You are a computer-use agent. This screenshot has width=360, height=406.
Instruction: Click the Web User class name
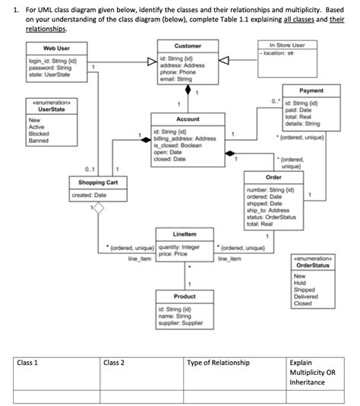point(56,48)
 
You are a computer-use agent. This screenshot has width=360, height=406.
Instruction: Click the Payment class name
point(311,90)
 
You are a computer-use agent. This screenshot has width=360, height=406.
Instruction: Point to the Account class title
point(187,120)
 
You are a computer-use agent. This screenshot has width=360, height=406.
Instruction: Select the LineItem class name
point(185,233)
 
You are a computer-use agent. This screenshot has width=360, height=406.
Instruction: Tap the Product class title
point(185,296)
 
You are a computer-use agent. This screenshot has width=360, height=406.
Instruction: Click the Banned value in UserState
point(38,141)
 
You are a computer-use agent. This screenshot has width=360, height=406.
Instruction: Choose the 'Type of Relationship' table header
point(219,363)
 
